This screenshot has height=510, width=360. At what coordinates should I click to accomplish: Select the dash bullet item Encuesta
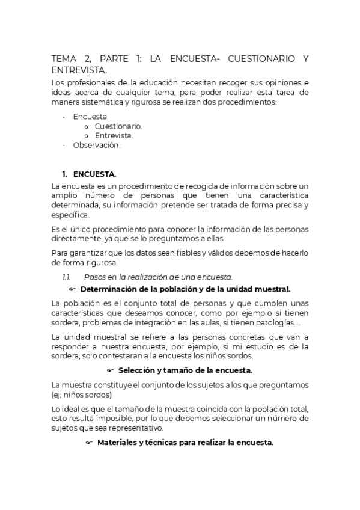pos(90,116)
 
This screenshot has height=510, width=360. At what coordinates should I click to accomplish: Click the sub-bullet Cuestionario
pos(118,126)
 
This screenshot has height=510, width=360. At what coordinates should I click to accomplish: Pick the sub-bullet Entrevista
pos(114,135)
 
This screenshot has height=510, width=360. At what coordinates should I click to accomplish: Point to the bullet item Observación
pos(97,145)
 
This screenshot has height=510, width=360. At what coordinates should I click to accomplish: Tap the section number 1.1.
pos(67,277)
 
